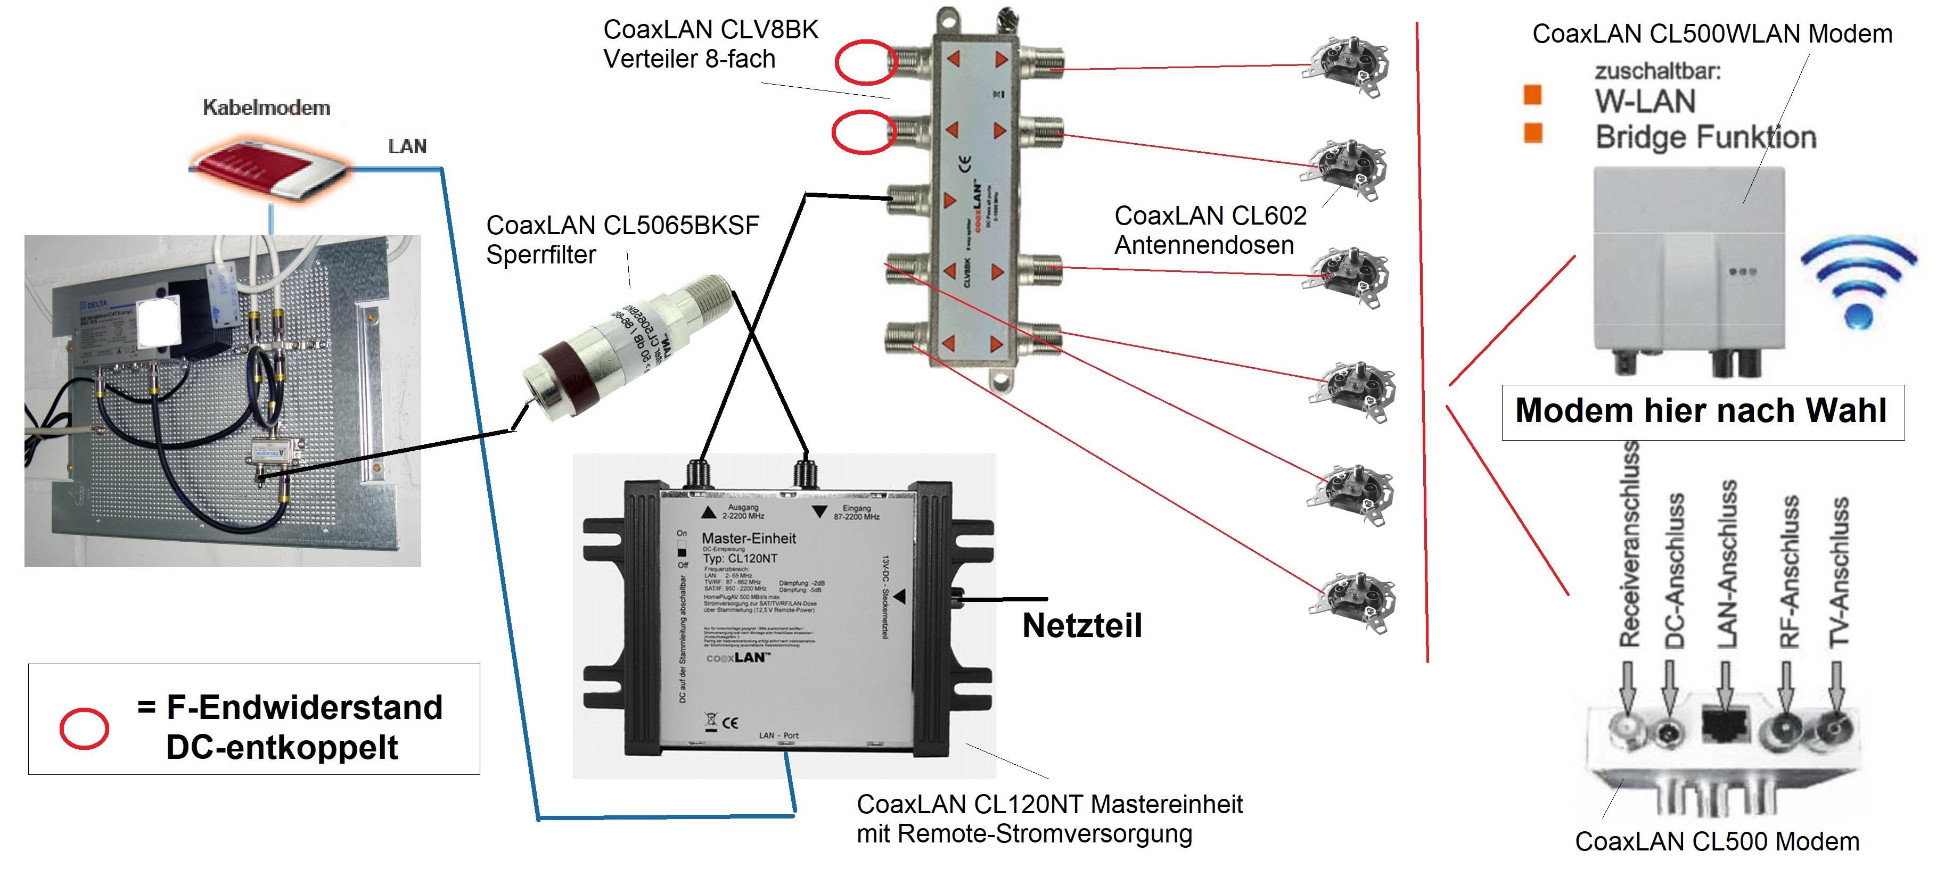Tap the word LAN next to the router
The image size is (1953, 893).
[407, 146]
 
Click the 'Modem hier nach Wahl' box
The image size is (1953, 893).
[1702, 411]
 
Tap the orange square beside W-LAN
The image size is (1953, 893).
[1532, 95]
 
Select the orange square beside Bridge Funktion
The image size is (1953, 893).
[1532, 133]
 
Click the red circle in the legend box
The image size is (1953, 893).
[84, 729]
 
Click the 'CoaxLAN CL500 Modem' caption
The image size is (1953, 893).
[1717, 841]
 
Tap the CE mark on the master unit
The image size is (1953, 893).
[729, 722]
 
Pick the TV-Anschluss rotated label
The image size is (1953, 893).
[1839, 572]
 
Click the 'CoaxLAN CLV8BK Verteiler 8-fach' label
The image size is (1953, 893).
[710, 44]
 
